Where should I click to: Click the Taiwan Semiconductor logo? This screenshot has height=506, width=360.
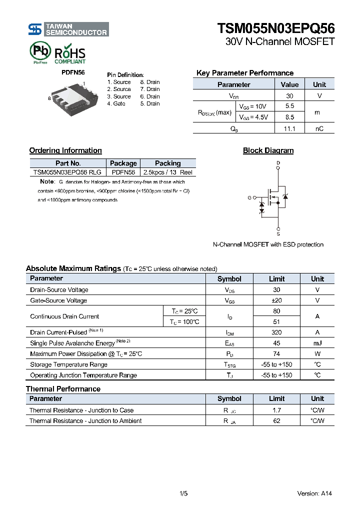[x=68, y=29]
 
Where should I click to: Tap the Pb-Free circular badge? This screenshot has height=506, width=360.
[x=40, y=51]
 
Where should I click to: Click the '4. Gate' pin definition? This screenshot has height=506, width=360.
[x=116, y=103]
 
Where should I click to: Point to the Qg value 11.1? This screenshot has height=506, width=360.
[x=289, y=128]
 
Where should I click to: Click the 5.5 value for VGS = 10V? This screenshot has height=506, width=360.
[x=289, y=106]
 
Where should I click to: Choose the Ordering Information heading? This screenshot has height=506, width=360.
[x=65, y=150]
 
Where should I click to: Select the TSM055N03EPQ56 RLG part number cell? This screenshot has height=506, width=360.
[x=67, y=172]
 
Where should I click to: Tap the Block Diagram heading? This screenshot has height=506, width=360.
[x=268, y=150]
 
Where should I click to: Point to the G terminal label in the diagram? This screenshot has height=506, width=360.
[x=249, y=198]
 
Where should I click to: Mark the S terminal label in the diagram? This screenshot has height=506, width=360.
[x=278, y=233]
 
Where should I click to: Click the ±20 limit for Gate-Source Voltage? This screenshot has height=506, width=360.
[x=276, y=300]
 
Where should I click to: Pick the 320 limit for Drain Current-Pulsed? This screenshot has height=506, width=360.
[x=276, y=332]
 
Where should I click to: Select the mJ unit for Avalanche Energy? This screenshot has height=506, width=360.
[x=317, y=343]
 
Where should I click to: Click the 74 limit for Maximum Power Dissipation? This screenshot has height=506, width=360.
[x=276, y=354]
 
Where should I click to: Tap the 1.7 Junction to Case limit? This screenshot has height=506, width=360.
[x=276, y=410]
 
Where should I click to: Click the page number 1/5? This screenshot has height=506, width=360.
[x=183, y=493]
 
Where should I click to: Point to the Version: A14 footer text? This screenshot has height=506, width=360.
[x=314, y=493]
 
